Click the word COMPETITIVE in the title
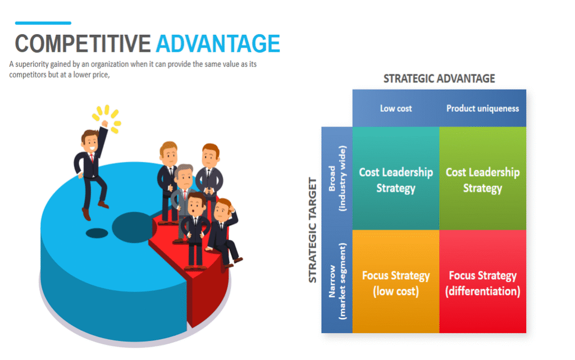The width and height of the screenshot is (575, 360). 83,44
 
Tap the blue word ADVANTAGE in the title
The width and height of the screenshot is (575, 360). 218,44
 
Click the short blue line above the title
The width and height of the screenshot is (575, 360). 43,23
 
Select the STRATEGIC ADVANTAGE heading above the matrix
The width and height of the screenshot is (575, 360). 439,79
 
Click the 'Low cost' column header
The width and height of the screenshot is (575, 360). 396,108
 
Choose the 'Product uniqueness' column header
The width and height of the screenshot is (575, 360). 482,108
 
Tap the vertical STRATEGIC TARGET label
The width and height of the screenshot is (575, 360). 312,230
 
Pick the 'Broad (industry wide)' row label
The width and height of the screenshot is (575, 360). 337,179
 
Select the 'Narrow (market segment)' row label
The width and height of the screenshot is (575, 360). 337,281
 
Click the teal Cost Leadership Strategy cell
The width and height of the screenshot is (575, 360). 396,179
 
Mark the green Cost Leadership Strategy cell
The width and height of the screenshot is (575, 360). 482,179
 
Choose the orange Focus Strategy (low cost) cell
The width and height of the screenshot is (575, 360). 396,281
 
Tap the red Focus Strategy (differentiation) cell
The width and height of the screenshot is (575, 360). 482,281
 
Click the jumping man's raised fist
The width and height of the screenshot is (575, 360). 105,124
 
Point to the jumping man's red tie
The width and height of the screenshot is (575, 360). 93,158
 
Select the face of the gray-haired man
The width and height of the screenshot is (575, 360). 184,178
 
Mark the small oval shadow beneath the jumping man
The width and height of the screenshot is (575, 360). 97,233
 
